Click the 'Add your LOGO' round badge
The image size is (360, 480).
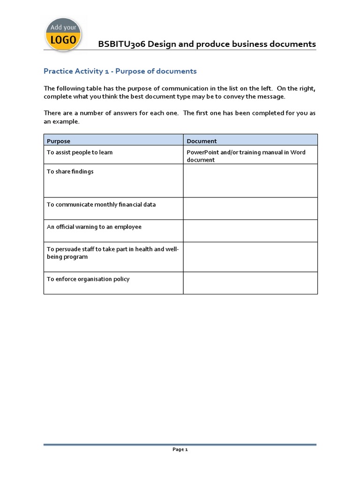tap(63, 35)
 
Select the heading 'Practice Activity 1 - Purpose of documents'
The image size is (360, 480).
tap(120, 71)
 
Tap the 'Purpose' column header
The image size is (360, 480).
tap(59, 141)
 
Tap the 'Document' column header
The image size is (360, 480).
tap(202, 141)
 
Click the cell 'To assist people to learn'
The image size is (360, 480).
tap(80, 152)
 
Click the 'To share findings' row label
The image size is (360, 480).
tap(70, 172)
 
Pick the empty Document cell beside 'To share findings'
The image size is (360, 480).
tap(250, 180)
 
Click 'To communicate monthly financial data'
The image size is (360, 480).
tap(101, 204)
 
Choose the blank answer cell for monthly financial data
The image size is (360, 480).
tap(250, 209)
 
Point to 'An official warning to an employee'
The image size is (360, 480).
tap(94, 227)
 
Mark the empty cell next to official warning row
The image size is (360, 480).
tap(250, 231)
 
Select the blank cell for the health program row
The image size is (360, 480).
tap(250, 257)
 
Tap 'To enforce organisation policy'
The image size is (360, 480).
tap(88, 279)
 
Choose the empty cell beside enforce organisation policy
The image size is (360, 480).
tap(250, 283)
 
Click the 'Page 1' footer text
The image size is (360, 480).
tap(180, 450)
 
